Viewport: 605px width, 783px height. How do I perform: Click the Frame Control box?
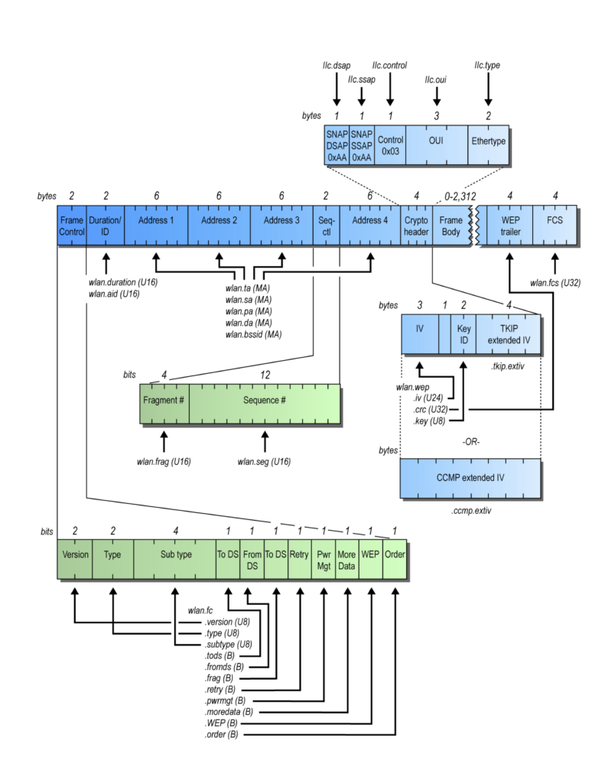[x=72, y=226]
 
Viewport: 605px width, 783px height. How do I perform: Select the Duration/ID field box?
[x=106, y=226]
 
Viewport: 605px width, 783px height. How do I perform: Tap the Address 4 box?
[x=369, y=226]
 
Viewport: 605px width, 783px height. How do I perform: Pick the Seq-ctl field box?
[x=327, y=226]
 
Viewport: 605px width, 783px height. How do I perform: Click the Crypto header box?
[x=416, y=226]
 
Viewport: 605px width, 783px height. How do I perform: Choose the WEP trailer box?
[x=510, y=226]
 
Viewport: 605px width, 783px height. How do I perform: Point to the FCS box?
[x=555, y=226]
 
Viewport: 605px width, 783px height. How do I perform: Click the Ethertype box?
[x=488, y=145]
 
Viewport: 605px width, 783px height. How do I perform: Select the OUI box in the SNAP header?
[x=437, y=145]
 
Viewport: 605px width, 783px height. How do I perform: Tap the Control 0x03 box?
[x=390, y=145]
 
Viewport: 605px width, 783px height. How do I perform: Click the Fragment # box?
[x=164, y=404]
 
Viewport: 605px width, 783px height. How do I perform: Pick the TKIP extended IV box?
[x=509, y=334]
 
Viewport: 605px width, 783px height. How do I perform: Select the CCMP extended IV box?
[x=470, y=478]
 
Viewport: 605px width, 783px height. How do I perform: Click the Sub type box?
[x=175, y=559]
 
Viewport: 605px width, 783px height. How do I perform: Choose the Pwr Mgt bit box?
[x=324, y=559]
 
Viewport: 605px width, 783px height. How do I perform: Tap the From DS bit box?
[x=252, y=559]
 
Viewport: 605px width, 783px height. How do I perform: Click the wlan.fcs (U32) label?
[x=555, y=283]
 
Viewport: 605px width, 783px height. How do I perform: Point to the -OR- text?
[x=471, y=442]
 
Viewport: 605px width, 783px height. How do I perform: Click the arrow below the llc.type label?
[x=488, y=89]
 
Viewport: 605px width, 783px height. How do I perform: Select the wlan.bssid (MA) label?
[x=253, y=335]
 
